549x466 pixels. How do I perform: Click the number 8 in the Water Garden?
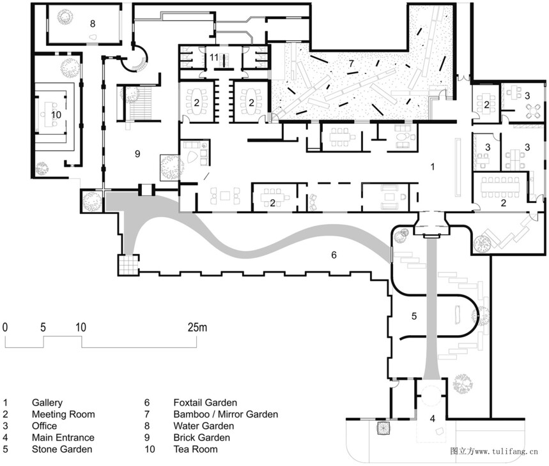(x=93, y=24)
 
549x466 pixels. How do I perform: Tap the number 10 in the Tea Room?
(x=56, y=115)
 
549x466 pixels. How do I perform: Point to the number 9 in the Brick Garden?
(x=137, y=153)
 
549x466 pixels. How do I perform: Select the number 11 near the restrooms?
(x=214, y=57)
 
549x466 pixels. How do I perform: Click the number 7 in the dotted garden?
(x=351, y=64)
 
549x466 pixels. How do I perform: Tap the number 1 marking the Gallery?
(x=433, y=167)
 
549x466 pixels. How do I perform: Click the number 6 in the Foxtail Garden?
(x=334, y=255)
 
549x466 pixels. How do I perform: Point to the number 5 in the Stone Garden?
(x=414, y=316)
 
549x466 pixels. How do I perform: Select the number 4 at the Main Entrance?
(x=433, y=418)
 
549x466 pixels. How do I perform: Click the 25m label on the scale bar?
(x=197, y=327)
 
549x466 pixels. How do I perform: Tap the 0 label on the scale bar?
(x=5, y=327)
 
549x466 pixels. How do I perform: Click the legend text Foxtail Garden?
(x=205, y=403)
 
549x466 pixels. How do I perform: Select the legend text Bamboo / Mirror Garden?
(x=226, y=414)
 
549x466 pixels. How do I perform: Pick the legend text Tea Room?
(x=196, y=449)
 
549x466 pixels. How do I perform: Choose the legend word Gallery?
(x=47, y=403)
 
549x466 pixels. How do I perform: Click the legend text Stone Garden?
(x=62, y=449)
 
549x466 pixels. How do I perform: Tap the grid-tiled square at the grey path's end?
(x=128, y=265)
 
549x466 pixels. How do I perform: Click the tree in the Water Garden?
(x=65, y=17)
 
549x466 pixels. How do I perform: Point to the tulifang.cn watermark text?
(x=494, y=451)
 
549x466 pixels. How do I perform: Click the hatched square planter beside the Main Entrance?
(x=383, y=428)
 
